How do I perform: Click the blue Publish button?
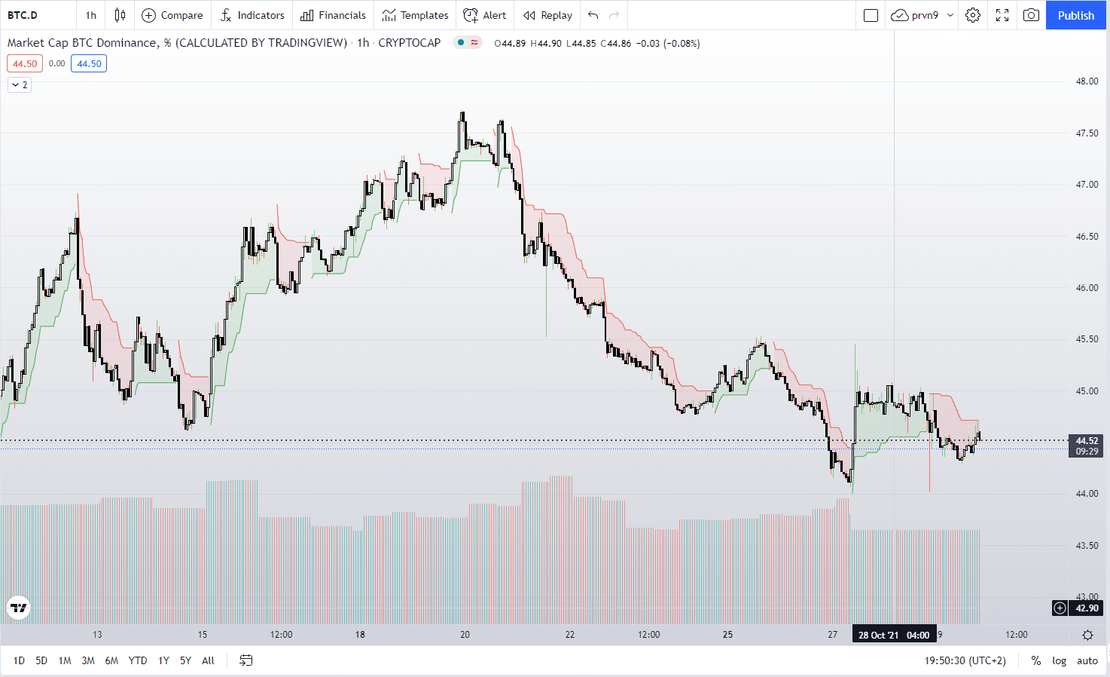tap(1075, 15)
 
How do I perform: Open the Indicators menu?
tap(252, 15)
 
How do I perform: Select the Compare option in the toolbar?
tap(172, 15)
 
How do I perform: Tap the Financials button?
tap(333, 15)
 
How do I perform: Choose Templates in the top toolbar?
tap(415, 15)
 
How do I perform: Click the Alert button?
tap(485, 15)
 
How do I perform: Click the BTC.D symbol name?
tap(23, 15)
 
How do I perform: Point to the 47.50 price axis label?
tap(1087, 133)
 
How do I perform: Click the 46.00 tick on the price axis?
tap(1087, 288)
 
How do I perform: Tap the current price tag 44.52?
tap(1087, 441)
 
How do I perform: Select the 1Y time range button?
tap(163, 660)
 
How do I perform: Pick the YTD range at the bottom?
tap(138, 660)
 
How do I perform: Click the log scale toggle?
tap(1059, 660)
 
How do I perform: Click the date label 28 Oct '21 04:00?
tap(894, 635)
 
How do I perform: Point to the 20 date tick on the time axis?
tap(465, 635)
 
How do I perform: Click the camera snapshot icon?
tap(1031, 15)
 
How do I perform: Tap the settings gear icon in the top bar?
tap(973, 15)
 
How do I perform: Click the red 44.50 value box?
tap(25, 64)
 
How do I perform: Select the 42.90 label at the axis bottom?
tap(1087, 608)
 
